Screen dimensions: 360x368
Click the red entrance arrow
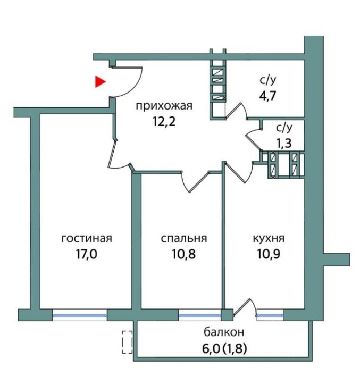[x=100, y=81]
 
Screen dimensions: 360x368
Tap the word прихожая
[x=163, y=105]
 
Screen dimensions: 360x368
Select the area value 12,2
[x=163, y=121]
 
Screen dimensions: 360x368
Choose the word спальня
[x=183, y=238]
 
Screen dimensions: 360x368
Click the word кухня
[x=267, y=238]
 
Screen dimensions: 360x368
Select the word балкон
[x=224, y=332]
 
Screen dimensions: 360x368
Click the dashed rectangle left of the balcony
[x=127, y=342]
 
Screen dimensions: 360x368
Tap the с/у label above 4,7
[x=269, y=81]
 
